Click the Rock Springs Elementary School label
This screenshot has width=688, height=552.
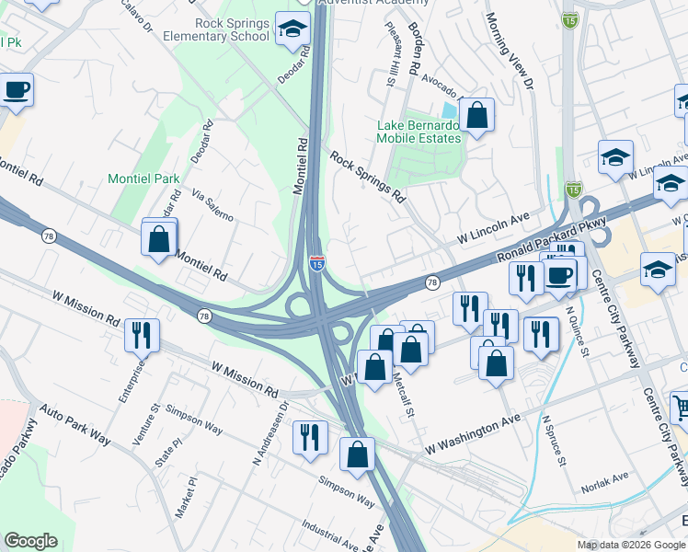point(232,29)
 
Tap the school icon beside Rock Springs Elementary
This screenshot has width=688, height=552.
point(292,31)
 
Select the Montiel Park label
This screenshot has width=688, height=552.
point(143,178)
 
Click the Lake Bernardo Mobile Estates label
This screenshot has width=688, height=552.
point(418,132)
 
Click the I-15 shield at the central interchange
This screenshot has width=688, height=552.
point(315,263)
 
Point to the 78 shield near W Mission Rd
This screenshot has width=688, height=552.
point(203,316)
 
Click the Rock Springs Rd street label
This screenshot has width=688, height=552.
point(367,178)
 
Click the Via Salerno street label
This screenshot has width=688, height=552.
point(212,205)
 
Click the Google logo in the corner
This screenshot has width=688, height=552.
point(30,541)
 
